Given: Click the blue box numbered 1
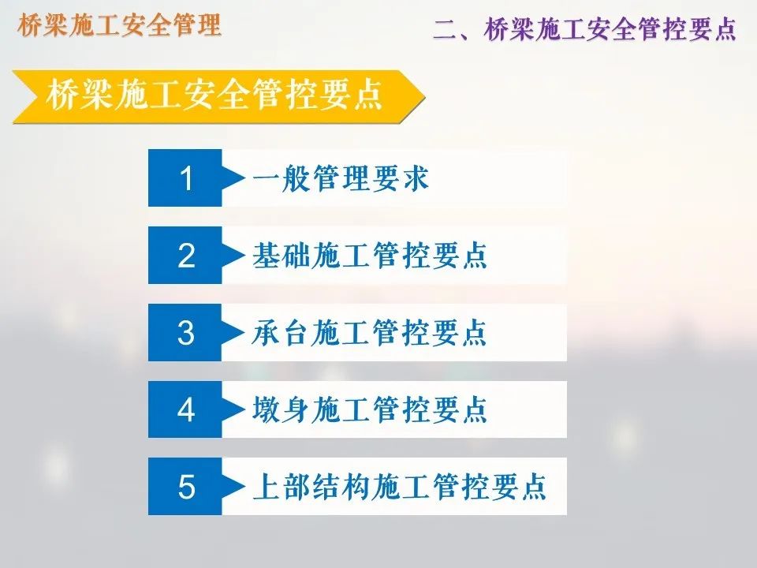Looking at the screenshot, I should (185, 178).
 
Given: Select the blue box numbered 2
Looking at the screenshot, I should (185, 256).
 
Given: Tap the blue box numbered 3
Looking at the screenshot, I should (185, 333).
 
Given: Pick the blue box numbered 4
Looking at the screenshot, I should (185, 409).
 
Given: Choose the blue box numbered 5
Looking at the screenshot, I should (185, 487).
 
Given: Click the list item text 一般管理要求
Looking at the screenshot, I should (341, 178).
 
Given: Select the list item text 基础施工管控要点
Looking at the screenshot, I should (370, 256).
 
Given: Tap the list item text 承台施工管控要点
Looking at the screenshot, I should (370, 333).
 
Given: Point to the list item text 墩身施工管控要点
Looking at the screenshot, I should (370, 409).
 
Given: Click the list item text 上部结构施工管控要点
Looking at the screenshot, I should (399, 487).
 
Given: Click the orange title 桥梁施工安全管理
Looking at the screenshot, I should (119, 26).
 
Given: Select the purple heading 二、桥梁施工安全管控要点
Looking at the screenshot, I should (584, 29).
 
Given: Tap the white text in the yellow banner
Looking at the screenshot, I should (214, 96).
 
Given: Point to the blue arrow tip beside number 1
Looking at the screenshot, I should (234, 178).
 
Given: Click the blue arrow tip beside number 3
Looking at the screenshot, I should (234, 333).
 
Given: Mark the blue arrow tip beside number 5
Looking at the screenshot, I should (234, 487).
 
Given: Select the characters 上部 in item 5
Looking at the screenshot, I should (282, 487).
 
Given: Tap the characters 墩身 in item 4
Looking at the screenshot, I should (282, 409).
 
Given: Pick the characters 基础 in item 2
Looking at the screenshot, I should (282, 256).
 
